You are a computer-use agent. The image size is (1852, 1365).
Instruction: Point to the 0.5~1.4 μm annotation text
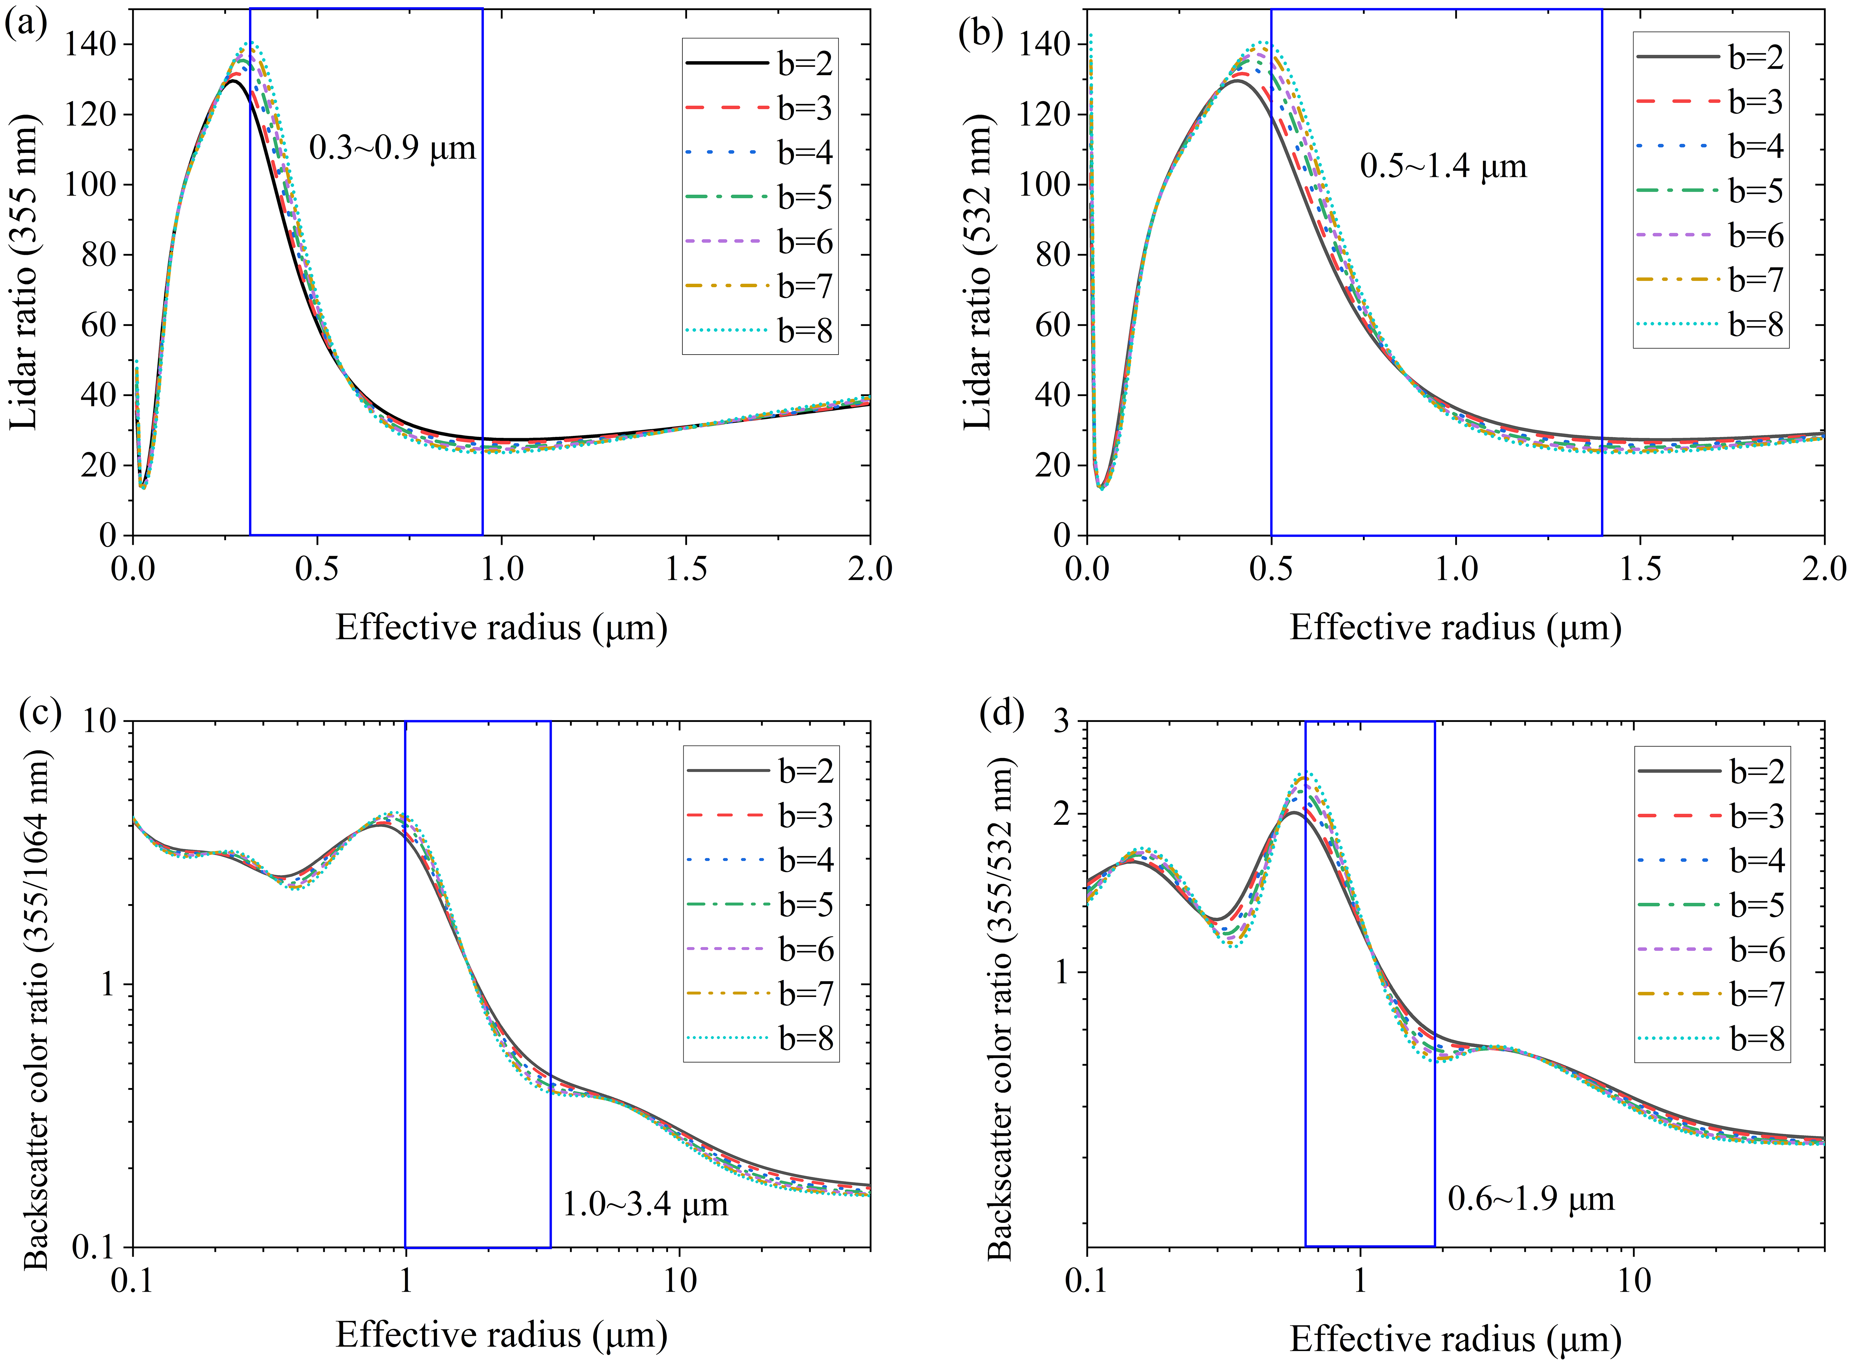(x=1443, y=167)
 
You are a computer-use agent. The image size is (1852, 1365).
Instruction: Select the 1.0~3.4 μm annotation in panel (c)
(x=645, y=1205)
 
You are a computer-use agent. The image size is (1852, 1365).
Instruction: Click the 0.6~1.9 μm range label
(x=1531, y=1199)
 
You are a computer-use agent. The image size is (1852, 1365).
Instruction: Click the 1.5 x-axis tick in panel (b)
(x=1640, y=569)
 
